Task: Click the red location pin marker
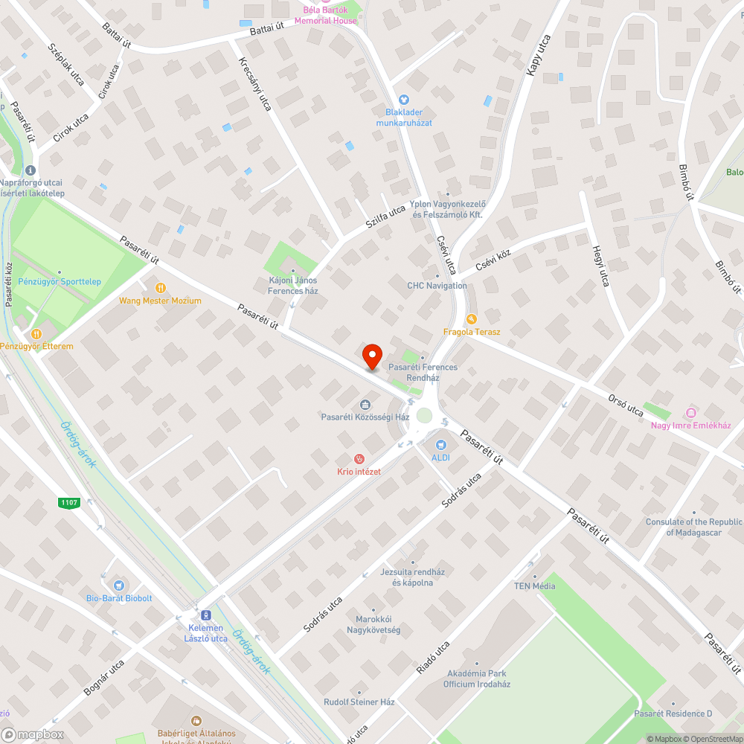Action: point(372,356)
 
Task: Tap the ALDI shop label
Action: point(440,458)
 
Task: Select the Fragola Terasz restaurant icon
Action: point(471,318)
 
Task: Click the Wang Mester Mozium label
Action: point(160,301)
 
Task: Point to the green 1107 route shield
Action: point(69,503)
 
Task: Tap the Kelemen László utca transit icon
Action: point(205,615)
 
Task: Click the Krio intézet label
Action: point(359,472)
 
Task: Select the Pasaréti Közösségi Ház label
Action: point(365,417)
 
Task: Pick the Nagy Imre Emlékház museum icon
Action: point(690,413)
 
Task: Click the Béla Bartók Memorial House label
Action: point(325,16)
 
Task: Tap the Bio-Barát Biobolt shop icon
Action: point(118,586)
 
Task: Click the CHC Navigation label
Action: point(437,286)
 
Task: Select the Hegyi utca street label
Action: point(600,266)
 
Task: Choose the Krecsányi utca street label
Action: point(254,85)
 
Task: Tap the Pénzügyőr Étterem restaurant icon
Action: point(35,333)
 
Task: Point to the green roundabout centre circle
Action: point(425,415)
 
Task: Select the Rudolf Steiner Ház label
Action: point(359,702)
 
